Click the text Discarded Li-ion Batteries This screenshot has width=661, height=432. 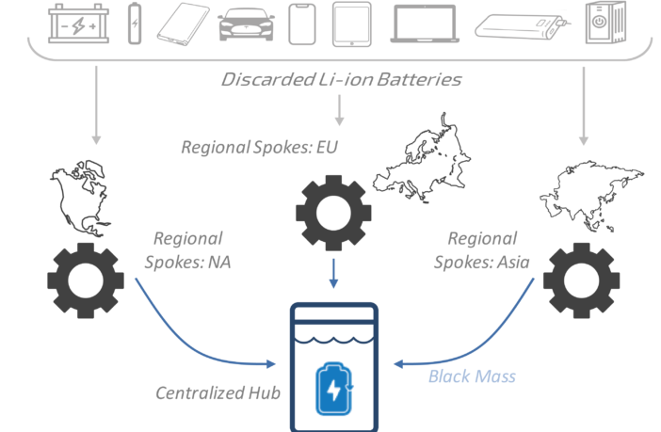[x=342, y=79]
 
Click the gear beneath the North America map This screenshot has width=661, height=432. [x=86, y=280]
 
